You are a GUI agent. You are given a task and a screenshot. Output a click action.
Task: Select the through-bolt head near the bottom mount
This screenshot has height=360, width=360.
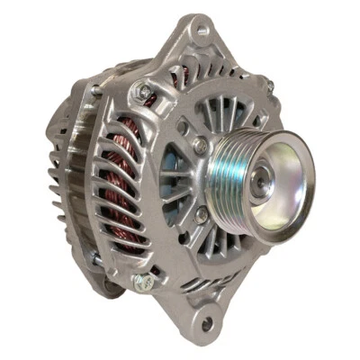(x=142, y=282)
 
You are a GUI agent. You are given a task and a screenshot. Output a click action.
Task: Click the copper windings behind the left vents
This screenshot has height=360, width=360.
(x=117, y=180)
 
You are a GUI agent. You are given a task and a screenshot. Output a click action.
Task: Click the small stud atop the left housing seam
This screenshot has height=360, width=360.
(x=95, y=90)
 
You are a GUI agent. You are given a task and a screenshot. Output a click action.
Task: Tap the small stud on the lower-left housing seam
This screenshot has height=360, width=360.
(x=95, y=260)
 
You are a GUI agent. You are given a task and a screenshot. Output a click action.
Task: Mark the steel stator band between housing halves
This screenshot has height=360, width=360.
(x=90, y=180)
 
